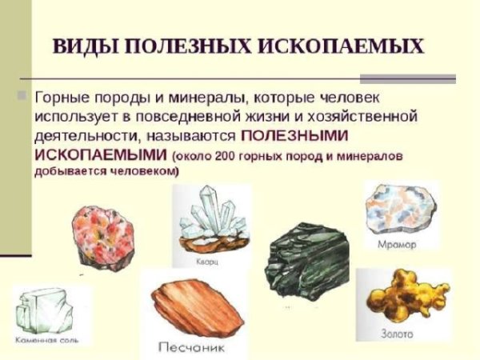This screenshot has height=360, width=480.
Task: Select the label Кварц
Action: (x=206, y=261)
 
